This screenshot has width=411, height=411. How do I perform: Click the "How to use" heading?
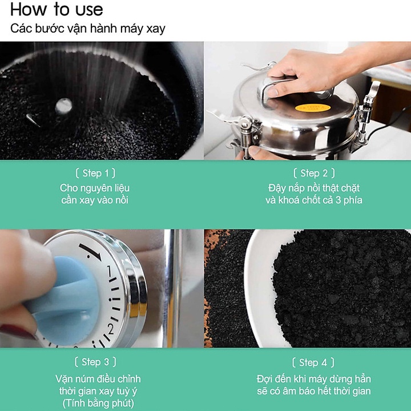(57, 10)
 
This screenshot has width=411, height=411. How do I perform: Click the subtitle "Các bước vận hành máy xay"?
(88, 29)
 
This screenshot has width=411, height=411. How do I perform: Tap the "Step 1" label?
(95, 174)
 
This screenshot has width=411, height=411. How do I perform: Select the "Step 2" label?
(314, 174)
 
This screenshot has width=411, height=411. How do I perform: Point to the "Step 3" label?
(95, 362)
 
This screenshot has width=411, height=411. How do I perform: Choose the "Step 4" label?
(313, 362)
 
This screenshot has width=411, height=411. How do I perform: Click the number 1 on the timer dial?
(109, 271)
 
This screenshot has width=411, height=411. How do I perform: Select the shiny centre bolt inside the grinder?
(63, 106)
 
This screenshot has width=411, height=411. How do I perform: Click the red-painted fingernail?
(17, 332)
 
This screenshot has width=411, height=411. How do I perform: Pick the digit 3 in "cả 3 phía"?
(338, 200)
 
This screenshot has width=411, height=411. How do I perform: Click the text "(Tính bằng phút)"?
(98, 404)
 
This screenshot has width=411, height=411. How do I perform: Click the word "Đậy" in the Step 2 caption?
(276, 188)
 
